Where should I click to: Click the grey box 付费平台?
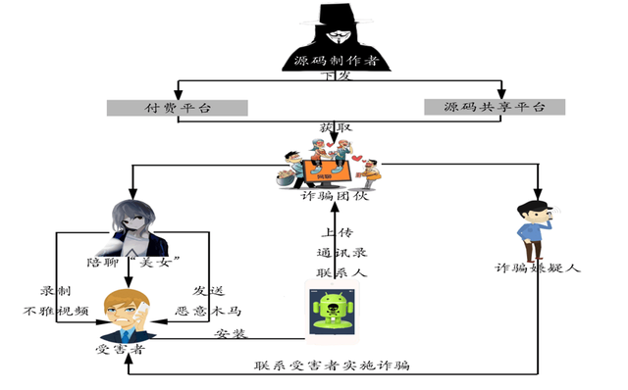[x=177, y=106]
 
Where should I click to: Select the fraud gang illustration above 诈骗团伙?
[x=327, y=163]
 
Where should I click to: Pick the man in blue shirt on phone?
[x=534, y=232]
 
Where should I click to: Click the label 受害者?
[x=122, y=350]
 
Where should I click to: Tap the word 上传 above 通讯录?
[x=337, y=233]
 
